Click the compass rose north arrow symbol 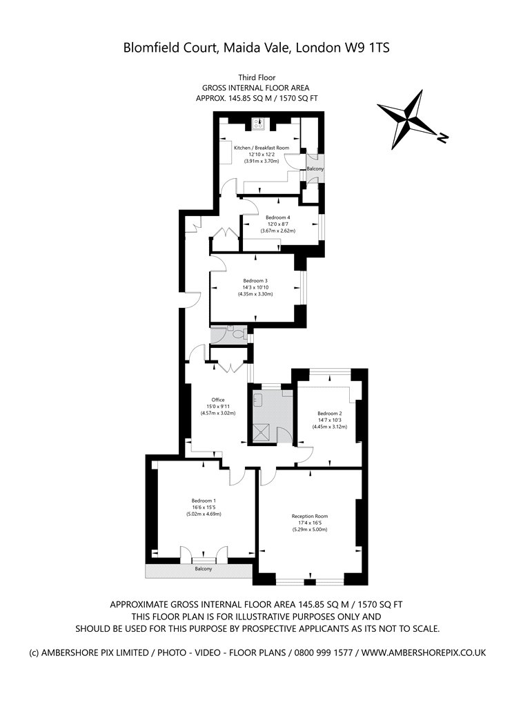tap(406, 119)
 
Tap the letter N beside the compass tap(443, 137)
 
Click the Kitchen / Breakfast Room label tap(262, 148)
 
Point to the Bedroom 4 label tap(277, 217)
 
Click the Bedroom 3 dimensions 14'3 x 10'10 tap(255, 287)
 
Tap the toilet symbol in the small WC tap(239, 333)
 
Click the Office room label tap(218, 400)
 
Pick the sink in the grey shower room tap(258, 400)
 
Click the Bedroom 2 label tap(329, 414)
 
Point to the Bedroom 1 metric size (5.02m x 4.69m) tap(204, 514)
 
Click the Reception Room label tap(310, 516)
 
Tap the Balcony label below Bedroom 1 tap(204, 569)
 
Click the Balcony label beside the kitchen tap(315, 169)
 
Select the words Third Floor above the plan tap(257, 77)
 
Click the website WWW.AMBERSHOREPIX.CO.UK tap(424, 653)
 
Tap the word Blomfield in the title tap(148, 48)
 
